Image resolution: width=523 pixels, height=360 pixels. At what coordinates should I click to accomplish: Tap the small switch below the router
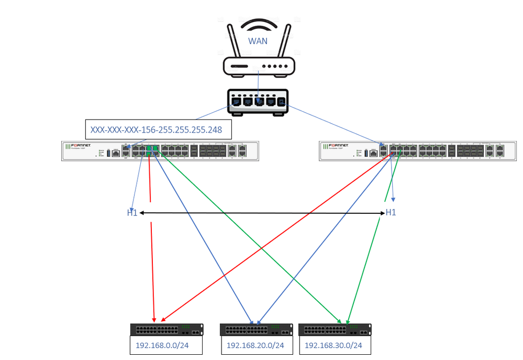pyautogui.click(x=259, y=101)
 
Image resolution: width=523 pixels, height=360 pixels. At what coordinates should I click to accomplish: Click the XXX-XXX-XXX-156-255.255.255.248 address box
pyautogui.click(x=158, y=129)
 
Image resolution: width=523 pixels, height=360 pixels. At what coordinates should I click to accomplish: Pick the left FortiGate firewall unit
pyautogui.click(x=160, y=150)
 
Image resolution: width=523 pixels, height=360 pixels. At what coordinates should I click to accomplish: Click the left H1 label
pyautogui.click(x=132, y=213)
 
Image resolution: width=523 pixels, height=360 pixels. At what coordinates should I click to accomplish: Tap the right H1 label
pyautogui.click(x=391, y=212)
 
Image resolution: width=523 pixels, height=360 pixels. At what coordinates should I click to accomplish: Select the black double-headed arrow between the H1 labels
pyautogui.click(x=262, y=213)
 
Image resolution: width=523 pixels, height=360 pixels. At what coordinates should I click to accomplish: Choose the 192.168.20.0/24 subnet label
pyautogui.click(x=255, y=345)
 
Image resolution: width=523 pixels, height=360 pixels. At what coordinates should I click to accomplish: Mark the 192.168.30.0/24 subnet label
pyautogui.click(x=333, y=345)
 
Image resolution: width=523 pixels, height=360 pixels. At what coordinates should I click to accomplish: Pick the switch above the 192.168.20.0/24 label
pyautogui.click(x=256, y=330)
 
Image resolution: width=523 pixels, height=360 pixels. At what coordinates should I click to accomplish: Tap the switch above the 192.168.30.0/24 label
pyautogui.click(x=335, y=330)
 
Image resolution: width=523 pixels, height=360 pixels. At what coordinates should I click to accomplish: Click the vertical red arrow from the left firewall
pyautogui.click(x=152, y=262)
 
